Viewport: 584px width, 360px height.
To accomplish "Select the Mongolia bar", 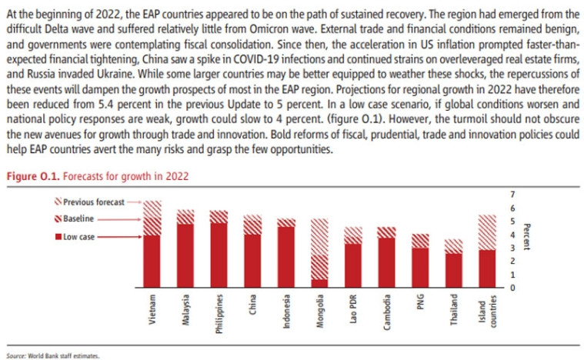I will click(319, 254).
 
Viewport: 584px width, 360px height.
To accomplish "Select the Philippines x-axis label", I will click(221, 311).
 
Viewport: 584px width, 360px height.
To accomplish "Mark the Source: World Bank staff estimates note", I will click(53, 355).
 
